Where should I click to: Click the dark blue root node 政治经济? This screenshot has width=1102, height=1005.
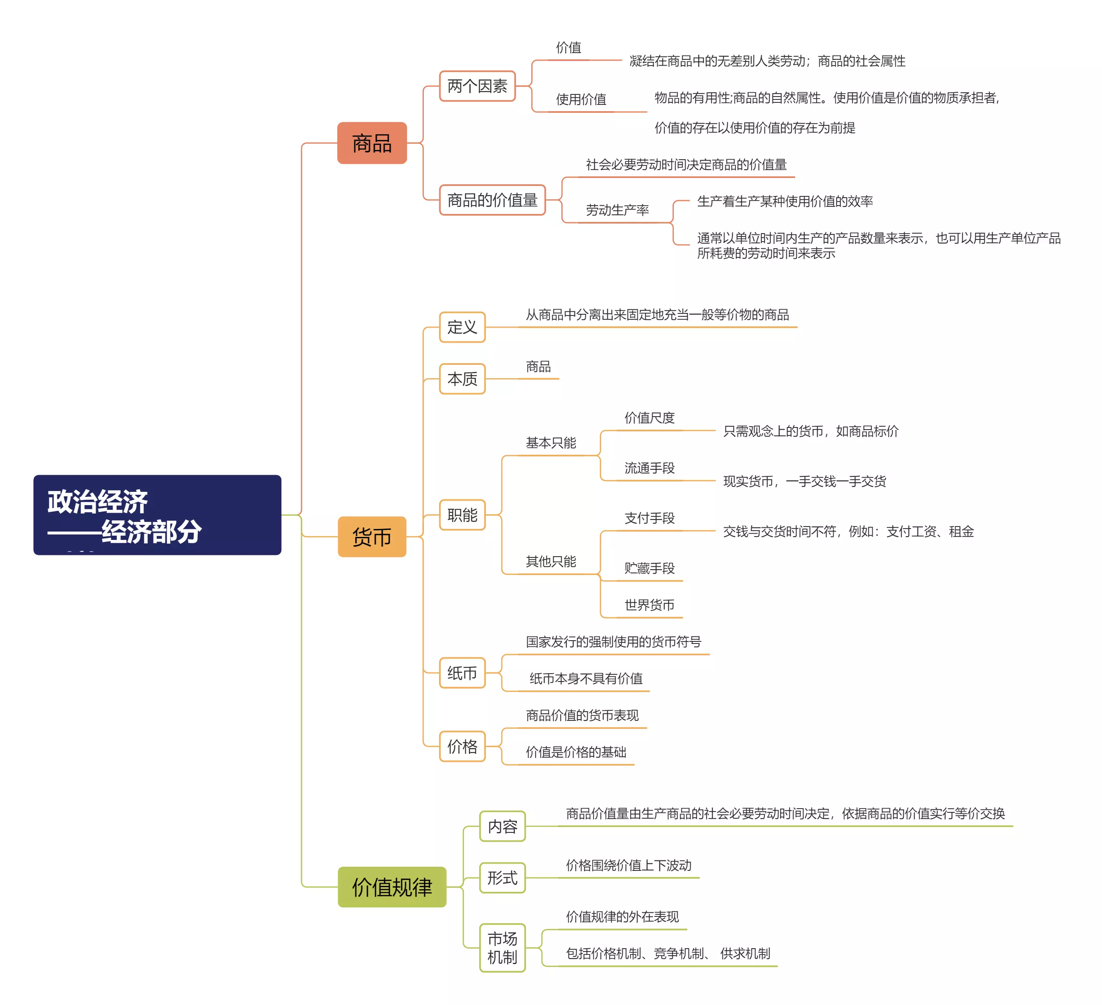click(157, 515)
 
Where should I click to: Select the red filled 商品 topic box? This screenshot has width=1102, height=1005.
click(372, 143)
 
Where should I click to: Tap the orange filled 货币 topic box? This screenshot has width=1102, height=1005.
click(372, 537)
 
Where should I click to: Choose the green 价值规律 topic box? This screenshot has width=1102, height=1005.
click(392, 886)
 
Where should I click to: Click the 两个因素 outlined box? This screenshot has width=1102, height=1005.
click(477, 86)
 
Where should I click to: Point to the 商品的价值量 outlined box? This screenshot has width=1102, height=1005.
click(492, 200)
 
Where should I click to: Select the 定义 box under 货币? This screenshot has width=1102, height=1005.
click(462, 327)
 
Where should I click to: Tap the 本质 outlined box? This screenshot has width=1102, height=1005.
click(462, 379)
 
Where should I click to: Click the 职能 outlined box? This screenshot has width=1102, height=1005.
click(462, 515)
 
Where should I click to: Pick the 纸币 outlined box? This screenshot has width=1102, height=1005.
click(462, 673)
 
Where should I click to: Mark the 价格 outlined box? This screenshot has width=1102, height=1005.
click(462, 746)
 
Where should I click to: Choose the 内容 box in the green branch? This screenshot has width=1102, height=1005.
click(503, 826)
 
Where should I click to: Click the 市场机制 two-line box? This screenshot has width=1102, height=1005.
click(503, 948)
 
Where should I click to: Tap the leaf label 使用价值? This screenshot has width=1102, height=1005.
click(581, 99)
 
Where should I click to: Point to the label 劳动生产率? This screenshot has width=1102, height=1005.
click(617, 210)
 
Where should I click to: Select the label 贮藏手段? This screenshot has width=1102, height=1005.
click(649, 568)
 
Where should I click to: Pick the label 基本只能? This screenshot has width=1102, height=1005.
click(551, 443)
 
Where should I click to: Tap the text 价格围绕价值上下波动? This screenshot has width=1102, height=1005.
click(629, 865)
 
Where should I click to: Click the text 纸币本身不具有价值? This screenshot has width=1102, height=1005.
click(586, 678)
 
